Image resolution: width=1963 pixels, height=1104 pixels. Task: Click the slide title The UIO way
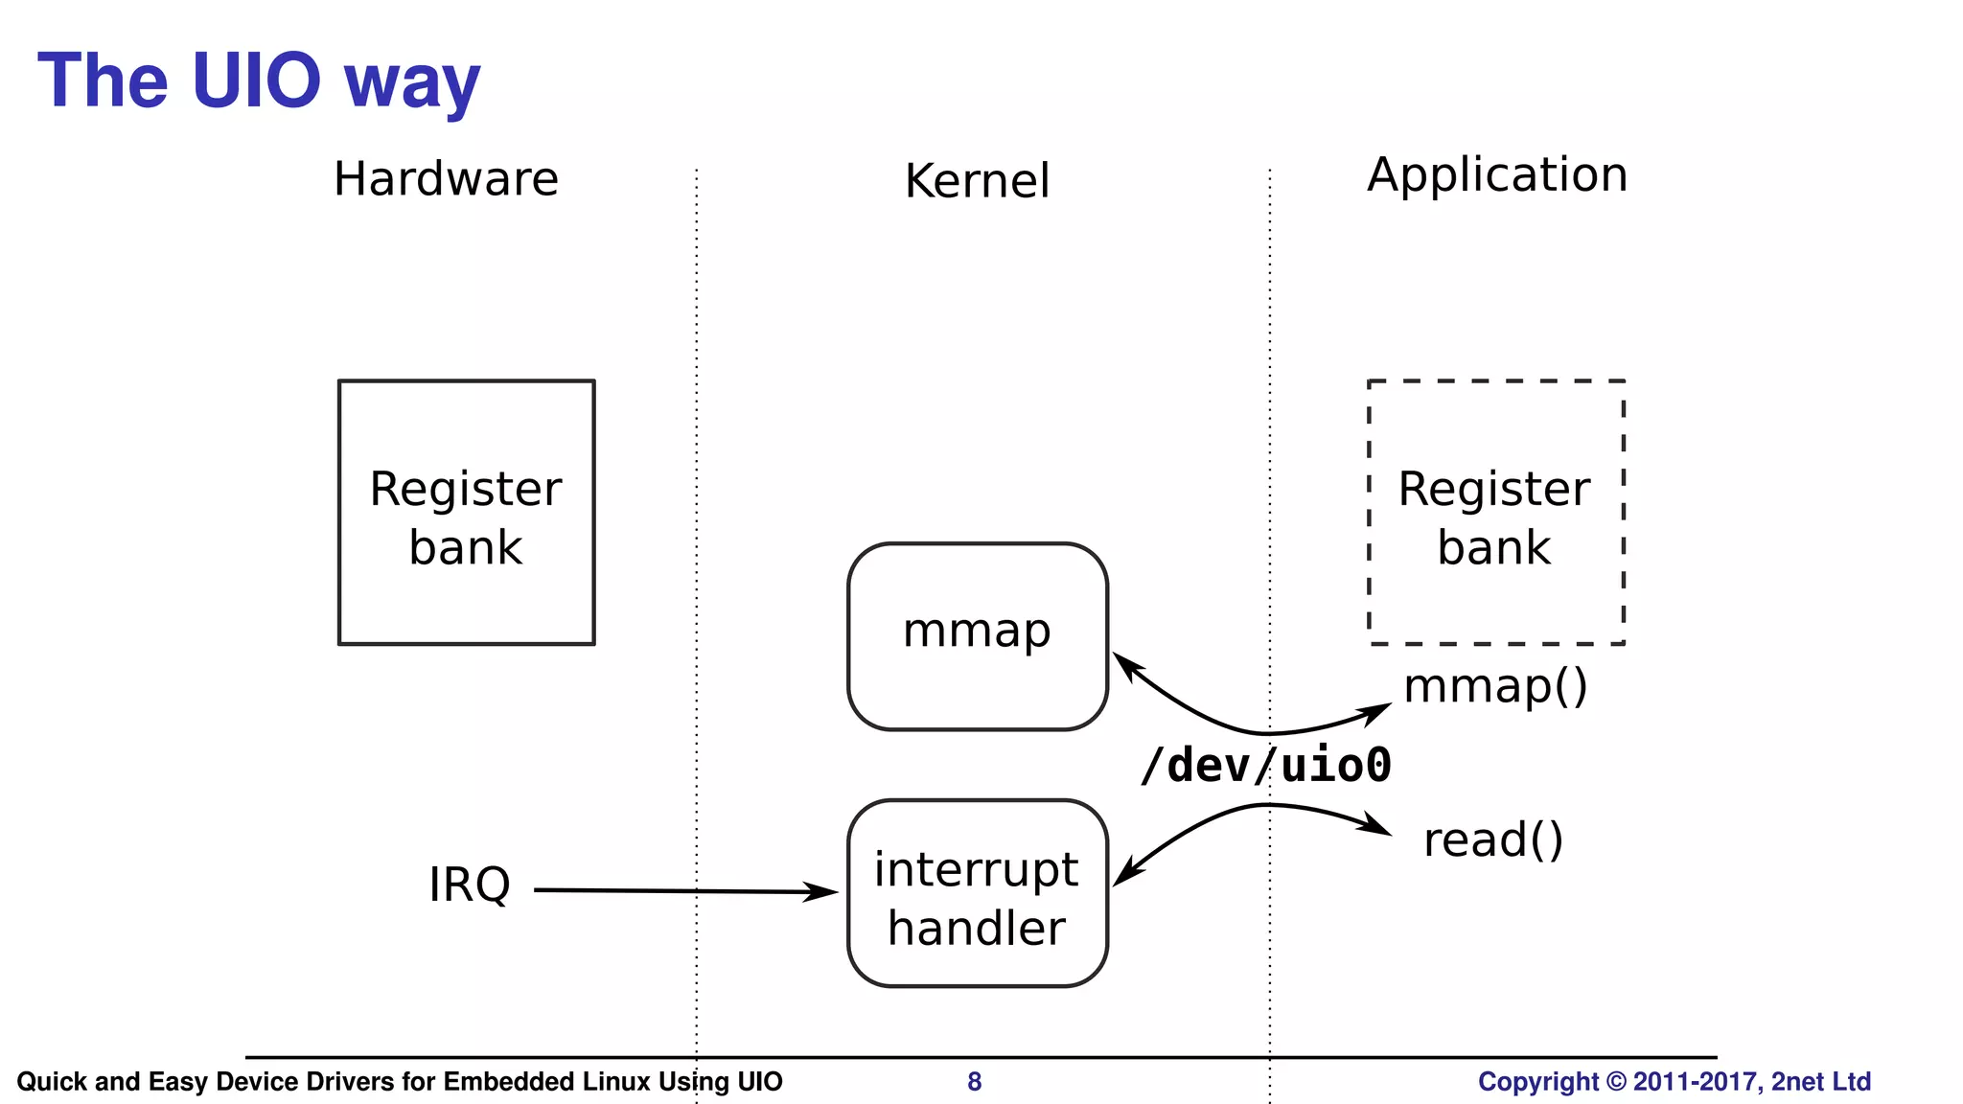tap(259, 80)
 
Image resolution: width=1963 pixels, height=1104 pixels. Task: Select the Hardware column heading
tap(446, 179)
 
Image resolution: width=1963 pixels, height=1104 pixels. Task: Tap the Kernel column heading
tap(977, 181)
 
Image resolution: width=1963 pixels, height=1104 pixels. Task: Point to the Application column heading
tap(1497, 174)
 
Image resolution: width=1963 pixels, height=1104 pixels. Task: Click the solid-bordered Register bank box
tap(466, 513)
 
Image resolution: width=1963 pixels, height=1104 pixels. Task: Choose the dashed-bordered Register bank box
tap(1495, 513)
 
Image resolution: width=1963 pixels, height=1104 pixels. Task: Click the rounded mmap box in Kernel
tap(977, 635)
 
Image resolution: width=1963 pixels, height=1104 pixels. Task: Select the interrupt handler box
tap(977, 892)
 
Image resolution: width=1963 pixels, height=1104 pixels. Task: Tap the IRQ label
tap(469, 885)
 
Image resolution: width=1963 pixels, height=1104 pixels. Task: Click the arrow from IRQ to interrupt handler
tap(685, 891)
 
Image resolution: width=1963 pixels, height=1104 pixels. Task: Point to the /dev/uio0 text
tap(1265, 766)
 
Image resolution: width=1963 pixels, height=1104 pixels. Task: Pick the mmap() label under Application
tap(1495, 686)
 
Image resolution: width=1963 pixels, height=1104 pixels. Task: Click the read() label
tap(1493, 840)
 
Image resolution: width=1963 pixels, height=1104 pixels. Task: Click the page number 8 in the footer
tap(974, 1082)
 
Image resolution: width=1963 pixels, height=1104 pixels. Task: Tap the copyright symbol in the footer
tap(1616, 1082)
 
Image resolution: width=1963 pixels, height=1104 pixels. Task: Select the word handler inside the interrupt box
tap(977, 929)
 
